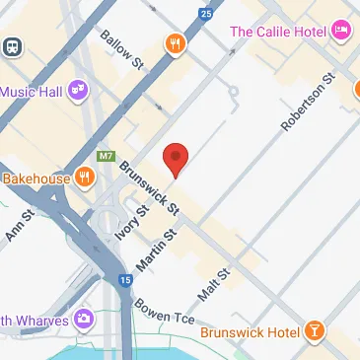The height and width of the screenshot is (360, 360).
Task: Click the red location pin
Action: pos(175,159)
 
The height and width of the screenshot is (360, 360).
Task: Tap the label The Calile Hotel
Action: pos(277,32)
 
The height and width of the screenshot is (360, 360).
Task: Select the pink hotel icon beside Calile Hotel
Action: pos(342,32)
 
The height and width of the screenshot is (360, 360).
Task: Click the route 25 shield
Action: pos(205,14)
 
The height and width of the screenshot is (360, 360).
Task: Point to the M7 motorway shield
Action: pos(106,156)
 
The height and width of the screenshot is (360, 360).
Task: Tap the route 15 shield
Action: pos(124,281)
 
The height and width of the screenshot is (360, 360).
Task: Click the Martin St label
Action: pos(163,246)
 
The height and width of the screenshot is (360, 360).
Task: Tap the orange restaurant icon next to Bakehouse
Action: pos(86,179)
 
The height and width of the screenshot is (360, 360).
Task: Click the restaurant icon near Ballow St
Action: pos(175,43)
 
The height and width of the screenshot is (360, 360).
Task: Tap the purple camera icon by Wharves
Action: pos(86,319)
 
